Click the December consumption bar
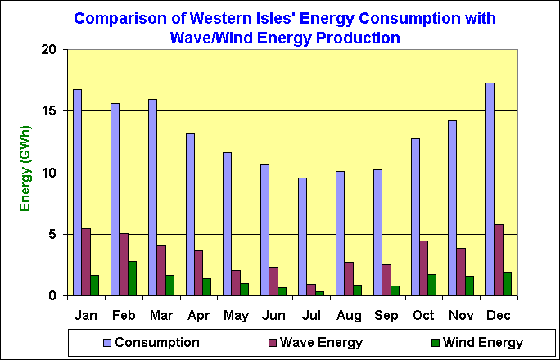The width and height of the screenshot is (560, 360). (490, 189)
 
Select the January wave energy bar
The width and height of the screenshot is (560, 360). (86, 262)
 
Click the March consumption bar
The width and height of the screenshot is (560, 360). (152, 197)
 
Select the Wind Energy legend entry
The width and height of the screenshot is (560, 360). (476, 342)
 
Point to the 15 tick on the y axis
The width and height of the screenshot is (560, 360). (50, 111)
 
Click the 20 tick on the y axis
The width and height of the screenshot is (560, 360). (50, 50)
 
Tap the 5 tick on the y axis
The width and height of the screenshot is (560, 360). (53, 234)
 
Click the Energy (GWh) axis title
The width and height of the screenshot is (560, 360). (25, 169)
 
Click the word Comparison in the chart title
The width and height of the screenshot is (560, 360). (117, 18)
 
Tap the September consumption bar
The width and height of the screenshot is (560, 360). (377, 232)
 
